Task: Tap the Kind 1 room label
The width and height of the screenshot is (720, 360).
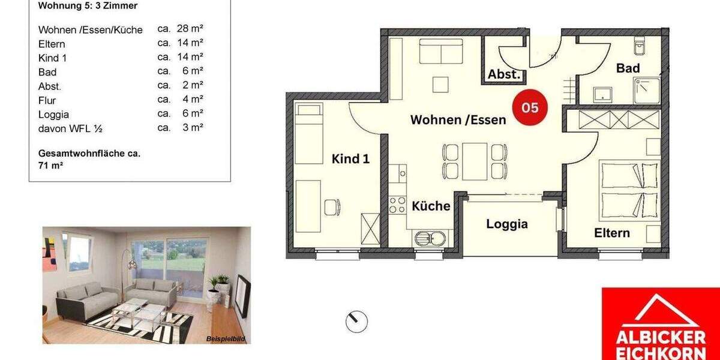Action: point(350,159)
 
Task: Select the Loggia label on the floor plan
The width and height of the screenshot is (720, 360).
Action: point(507,224)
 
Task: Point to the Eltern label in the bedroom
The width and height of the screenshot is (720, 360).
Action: point(612,233)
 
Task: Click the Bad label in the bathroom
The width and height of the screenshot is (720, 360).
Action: point(628,68)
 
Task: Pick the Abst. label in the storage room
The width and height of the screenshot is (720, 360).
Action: point(504,74)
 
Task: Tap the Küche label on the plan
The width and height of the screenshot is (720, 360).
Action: point(431,206)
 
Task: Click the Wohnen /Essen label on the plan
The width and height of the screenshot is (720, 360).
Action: point(458,119)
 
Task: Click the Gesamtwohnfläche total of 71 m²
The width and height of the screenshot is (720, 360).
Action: point(89,158)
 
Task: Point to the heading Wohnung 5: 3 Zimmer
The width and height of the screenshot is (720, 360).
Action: point(88,6)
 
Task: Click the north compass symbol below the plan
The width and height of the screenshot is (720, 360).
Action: point(356,322)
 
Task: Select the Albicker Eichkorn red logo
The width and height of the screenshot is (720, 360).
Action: point(661,324)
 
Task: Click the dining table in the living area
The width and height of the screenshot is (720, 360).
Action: point(475,161)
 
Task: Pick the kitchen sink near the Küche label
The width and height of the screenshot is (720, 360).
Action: point(431,238)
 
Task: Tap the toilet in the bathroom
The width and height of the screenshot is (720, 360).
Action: point(638,44)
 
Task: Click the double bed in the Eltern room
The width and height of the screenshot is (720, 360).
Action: point(629,190)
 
